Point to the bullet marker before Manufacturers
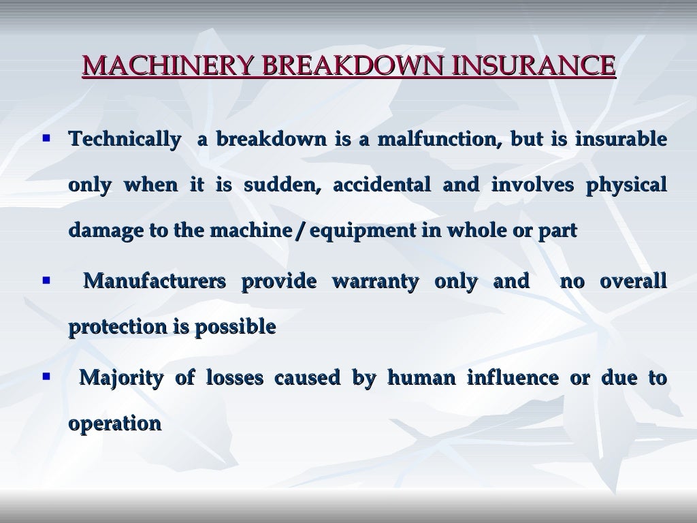tap(46, 279)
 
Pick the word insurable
tap(621, 140)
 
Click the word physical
tap(626, 185)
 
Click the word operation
tap(114, 424)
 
